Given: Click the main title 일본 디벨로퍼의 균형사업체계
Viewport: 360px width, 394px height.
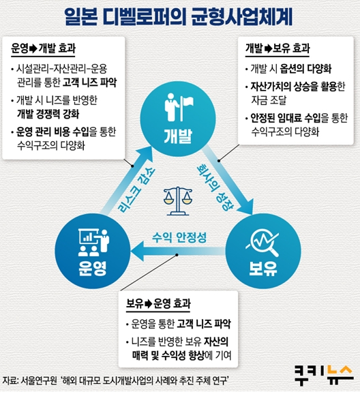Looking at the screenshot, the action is (179, 16).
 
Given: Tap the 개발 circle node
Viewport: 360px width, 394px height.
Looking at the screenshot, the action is (178, 119).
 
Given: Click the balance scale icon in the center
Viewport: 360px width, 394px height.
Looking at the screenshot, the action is (178, 201).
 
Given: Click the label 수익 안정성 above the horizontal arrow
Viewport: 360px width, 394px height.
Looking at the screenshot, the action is (179, 237).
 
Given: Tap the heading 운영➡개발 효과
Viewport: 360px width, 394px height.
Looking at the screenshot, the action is (43, 48).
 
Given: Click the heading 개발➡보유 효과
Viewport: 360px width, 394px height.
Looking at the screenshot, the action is (277, 48).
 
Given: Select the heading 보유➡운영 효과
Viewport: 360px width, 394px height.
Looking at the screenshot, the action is (158, 303).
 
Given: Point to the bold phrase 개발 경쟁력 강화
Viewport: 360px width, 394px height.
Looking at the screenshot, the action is (48, 114).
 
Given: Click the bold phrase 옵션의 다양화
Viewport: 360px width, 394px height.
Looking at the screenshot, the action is (305, 69).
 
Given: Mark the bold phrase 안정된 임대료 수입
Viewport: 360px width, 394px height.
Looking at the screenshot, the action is (286, 118).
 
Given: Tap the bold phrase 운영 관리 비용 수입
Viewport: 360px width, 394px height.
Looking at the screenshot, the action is (52, 132).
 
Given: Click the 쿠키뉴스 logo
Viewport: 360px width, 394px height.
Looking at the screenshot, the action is (324, 375).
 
